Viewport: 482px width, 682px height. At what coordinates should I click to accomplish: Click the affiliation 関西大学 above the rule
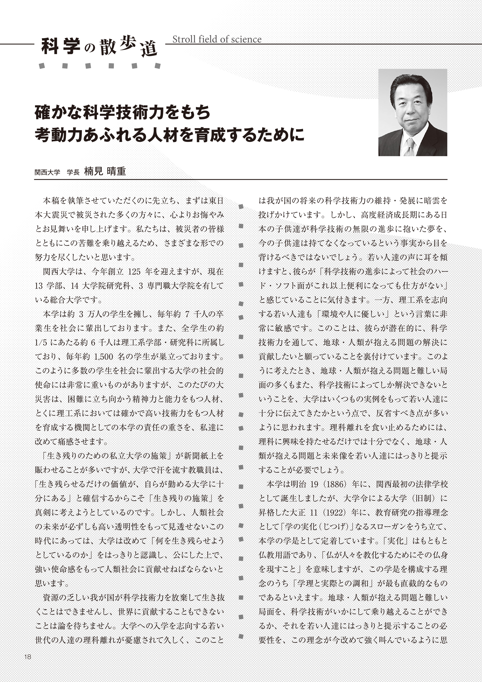(47, 172)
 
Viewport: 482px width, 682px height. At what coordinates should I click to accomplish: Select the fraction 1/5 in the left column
(41, 342)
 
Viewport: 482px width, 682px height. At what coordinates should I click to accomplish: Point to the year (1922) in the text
(333, 513)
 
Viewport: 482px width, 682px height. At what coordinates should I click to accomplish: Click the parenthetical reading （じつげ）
(331, 527)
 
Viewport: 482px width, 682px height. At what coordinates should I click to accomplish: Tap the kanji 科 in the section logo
(50, 46)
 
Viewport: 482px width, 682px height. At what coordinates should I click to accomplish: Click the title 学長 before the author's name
(73, 172)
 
